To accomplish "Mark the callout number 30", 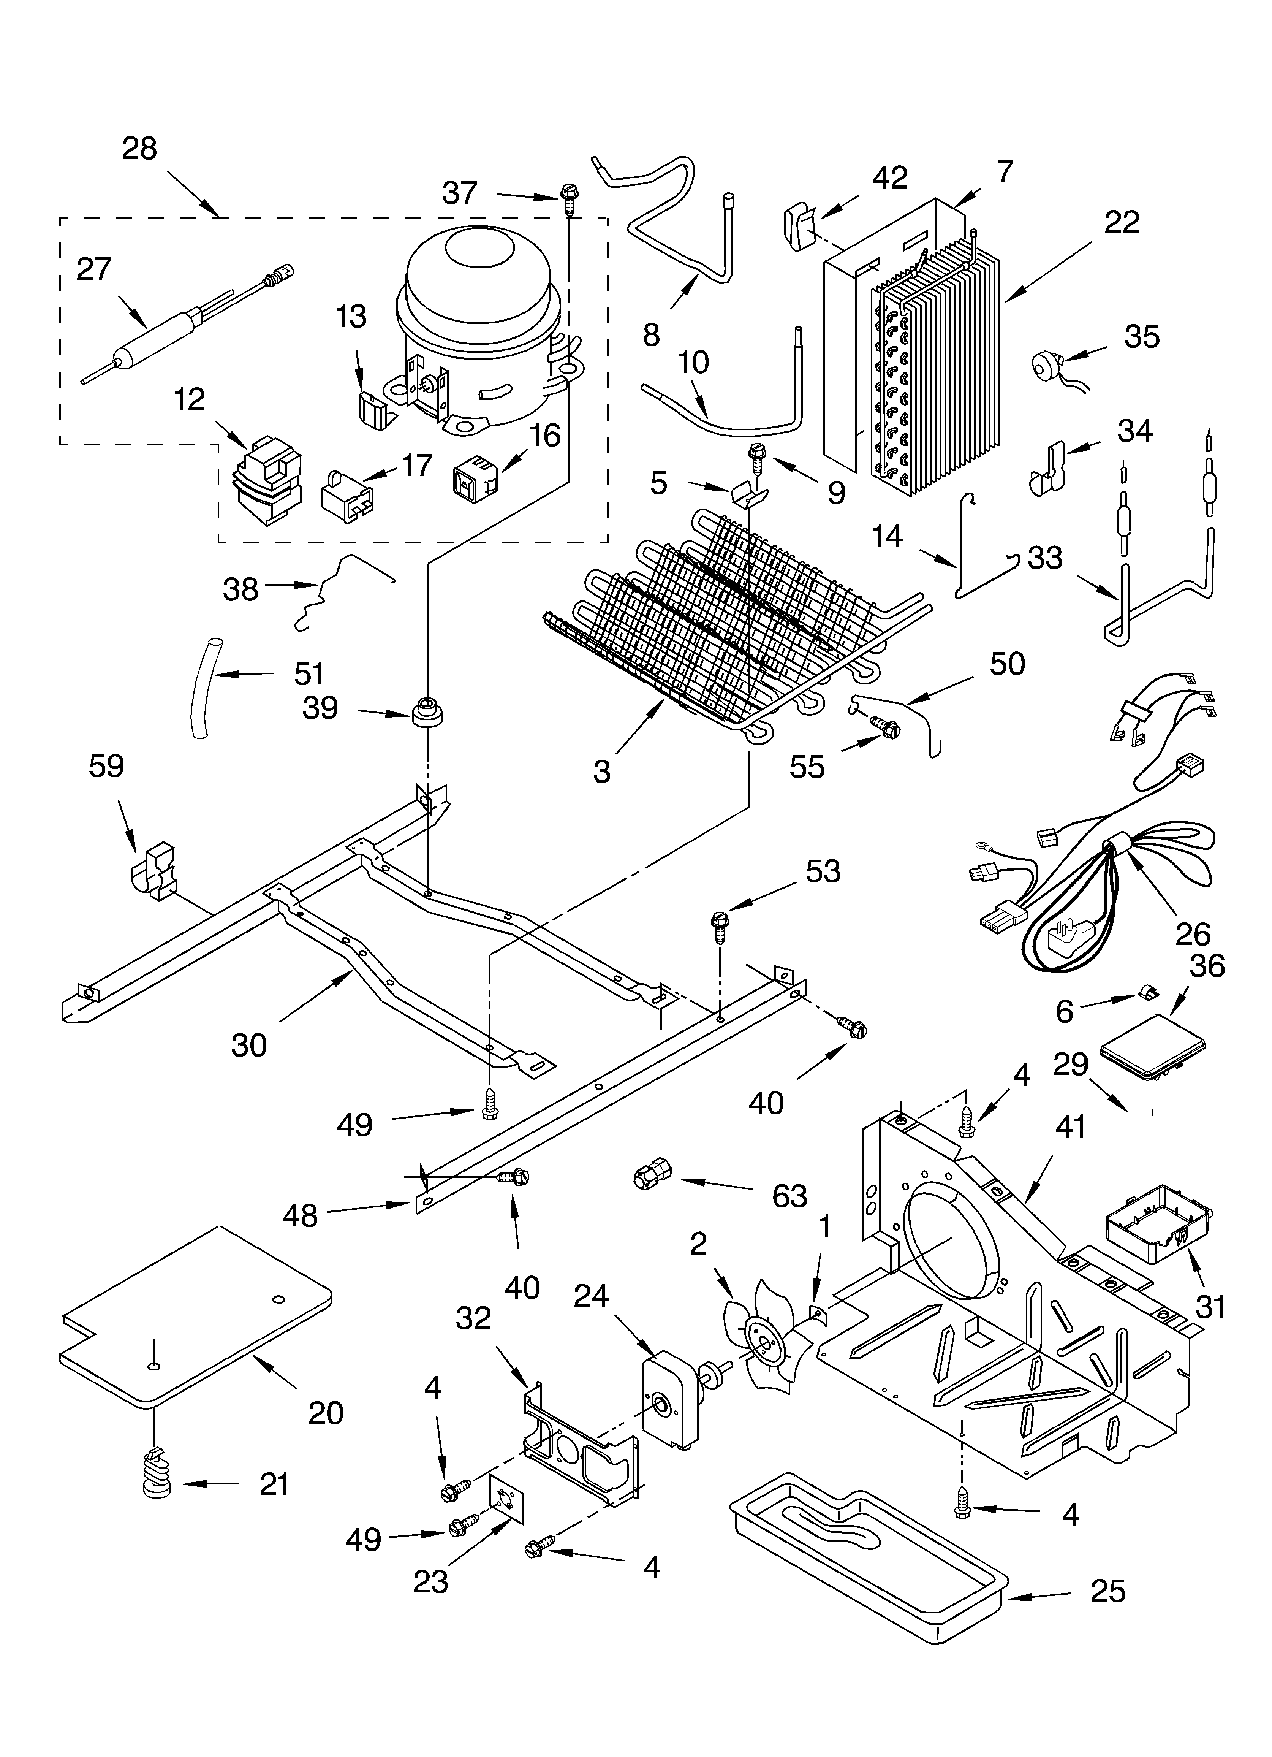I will click(249, 1045).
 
